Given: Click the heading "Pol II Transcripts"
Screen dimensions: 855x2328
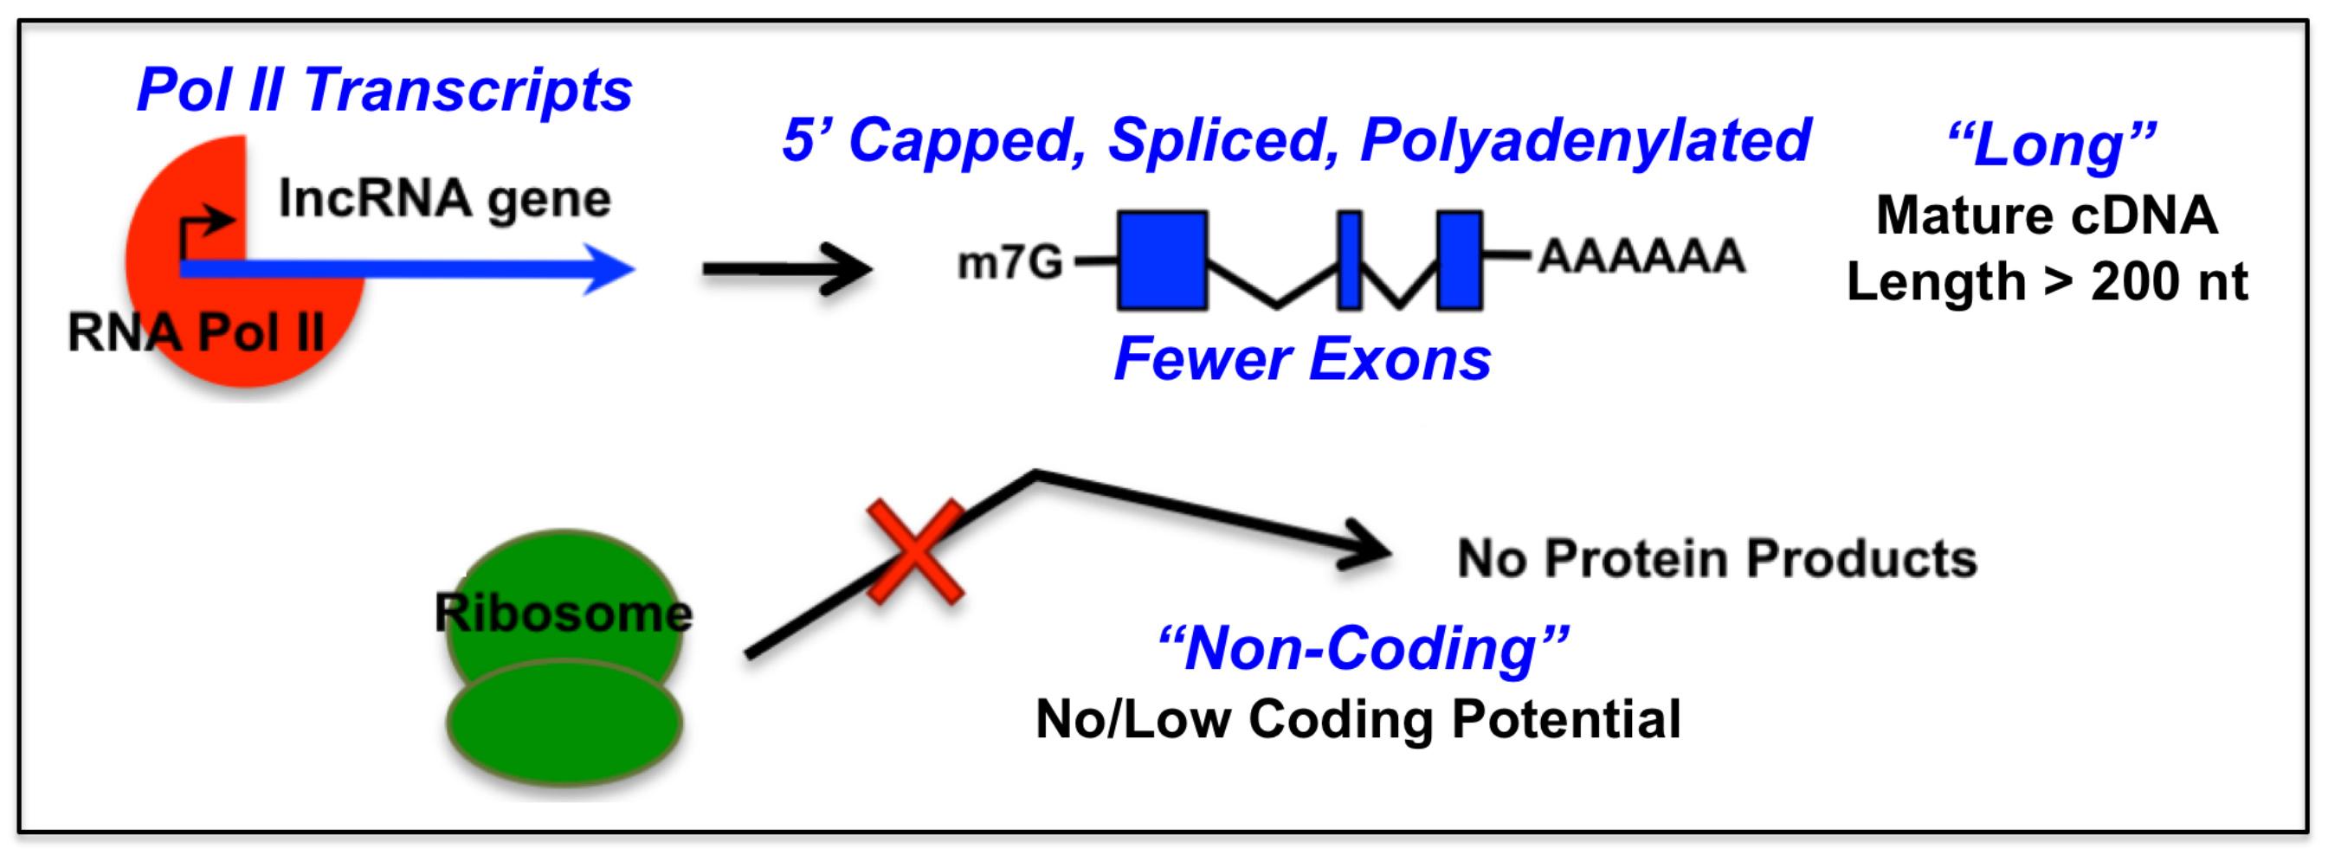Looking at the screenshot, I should point(384,90).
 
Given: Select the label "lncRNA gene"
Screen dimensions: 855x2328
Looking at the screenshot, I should point(445,199).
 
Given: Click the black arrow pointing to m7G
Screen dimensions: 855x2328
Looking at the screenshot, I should point(786,268).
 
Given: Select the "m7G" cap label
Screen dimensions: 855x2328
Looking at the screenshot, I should point(1009,263).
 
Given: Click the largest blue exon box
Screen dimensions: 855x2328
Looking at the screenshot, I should point(1162,260).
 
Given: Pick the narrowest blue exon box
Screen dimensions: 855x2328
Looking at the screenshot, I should point(1349,260).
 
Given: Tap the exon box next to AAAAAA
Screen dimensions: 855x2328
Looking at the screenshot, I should point(1459,260).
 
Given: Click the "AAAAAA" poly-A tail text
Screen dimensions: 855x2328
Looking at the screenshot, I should point(1641,257).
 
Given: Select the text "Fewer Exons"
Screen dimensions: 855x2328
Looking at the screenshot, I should point(1302,359).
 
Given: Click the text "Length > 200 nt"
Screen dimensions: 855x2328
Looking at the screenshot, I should point(2047,282).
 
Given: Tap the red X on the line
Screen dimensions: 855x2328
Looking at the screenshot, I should point(915,551).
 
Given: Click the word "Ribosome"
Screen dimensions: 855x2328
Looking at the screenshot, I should point(563,614).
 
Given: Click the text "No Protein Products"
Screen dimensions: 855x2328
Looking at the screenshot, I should point(1717,558).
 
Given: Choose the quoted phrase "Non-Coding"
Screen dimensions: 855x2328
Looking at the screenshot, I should point(1363,649).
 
